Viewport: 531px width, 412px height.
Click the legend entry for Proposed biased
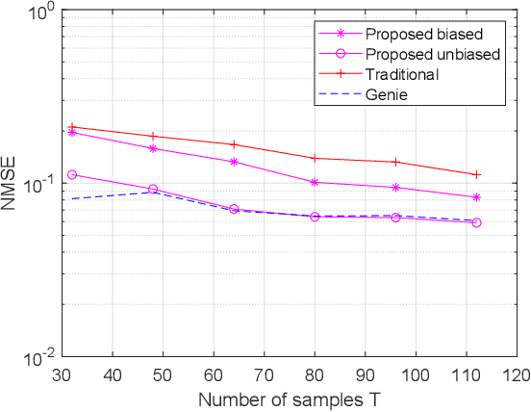point(411,34)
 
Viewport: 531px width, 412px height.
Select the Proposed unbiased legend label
point(418,54)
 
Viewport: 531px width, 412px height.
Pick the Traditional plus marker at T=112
point(476,174)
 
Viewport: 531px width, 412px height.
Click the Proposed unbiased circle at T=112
point(476,222)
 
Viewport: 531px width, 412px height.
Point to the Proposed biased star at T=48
point(153,148)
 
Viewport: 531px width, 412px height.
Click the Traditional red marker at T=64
point(234,144)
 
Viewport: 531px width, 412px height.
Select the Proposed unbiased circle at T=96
point(395,218)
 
